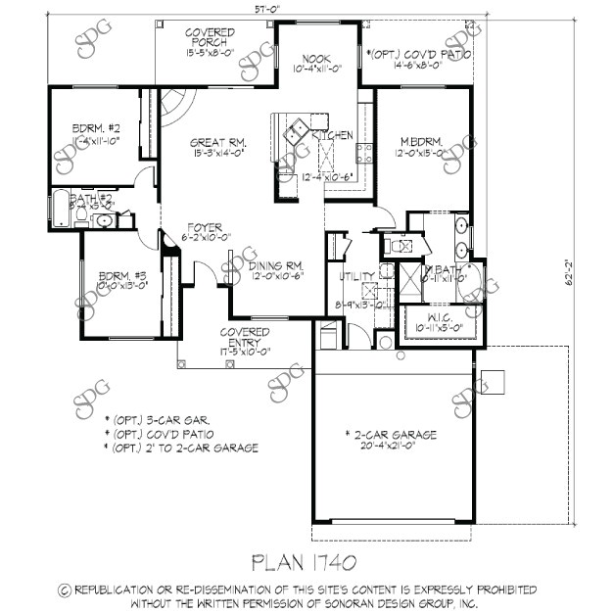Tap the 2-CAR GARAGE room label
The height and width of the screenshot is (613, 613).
[x=390, y=434]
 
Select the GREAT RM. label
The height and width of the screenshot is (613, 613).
[x=204, y=141]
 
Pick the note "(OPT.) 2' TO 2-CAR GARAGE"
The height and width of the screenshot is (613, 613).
[x=187, y=448]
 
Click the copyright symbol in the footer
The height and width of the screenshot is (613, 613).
[x=65, y=589]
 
